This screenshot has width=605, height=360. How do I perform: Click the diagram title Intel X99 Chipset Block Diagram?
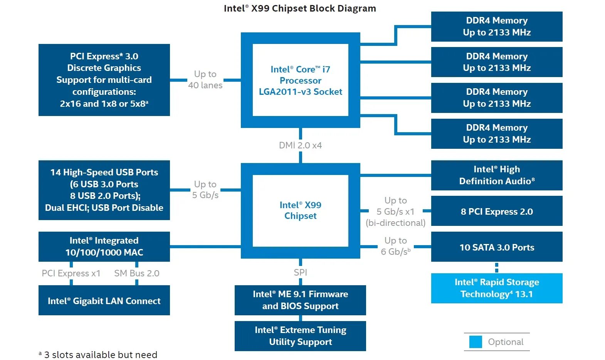(300, 8)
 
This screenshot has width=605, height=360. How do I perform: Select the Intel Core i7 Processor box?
(300, 80)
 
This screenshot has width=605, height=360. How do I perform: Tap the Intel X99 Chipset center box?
(300, 210)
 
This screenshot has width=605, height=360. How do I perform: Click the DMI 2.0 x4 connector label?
(300, 145)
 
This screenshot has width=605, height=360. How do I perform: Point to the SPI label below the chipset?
(300, 272)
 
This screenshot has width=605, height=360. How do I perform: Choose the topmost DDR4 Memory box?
(496, 26)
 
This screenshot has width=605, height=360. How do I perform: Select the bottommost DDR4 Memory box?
(496, 133)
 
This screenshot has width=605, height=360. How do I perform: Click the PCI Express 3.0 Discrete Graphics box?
(104, 80)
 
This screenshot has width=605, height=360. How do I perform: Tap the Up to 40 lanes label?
(205, 79)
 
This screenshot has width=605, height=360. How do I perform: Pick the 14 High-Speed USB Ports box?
(104, 190)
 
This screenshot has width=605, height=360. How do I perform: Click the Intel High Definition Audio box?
(496, 175)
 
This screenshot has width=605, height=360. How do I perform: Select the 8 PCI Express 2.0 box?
(496, 211)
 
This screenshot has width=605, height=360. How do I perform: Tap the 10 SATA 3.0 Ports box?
(496, 247)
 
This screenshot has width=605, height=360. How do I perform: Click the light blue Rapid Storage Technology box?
(496, 288)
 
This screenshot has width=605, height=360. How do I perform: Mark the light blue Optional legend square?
(476, 342)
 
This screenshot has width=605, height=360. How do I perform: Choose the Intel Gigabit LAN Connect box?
(104, 301)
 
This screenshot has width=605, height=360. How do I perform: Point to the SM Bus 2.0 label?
(136, 273)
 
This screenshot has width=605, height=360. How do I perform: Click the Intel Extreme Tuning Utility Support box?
(300, 336)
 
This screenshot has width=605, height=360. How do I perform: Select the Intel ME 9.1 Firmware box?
(300, 300)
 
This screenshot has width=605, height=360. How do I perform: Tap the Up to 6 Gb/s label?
(395, 246)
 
